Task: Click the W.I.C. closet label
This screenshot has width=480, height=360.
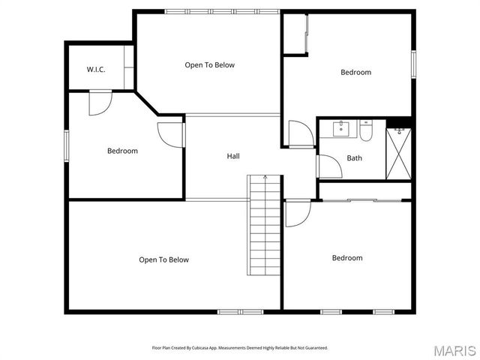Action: pyautogui.click(x=95, y=70)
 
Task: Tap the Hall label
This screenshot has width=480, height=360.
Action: pyautogui.click(x=233, y=156)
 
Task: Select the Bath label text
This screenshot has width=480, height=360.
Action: pyautogui.click(x=354, y=158)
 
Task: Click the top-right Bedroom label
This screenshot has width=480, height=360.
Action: pyautogui.click(x=355, y=73)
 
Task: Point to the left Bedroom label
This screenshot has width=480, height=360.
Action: pyautogui.click(x=122, y=151)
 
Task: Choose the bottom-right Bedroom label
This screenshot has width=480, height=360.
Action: pyautogui.click(x=347, y=258)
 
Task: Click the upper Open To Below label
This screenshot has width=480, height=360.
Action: pyautogui.click(x=210, y=65)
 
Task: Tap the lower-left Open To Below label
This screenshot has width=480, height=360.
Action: pyautogui.click(x=163, y=260)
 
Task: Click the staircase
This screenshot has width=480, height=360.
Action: pyautogui.click(x=265, y=225)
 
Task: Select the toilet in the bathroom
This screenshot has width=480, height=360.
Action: pyautogui.click(x=366, y=133)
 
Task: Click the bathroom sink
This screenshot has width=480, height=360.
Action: pyautogui.click(x=341, y=127)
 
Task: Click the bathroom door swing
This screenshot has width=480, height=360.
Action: pyautogui.click(x=328, y=166)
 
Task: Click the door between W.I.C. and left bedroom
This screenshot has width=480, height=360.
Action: pyautogui.click(x=100, y=103)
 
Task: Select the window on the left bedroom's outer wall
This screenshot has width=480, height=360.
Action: pyautogui.click(x=67, y=144)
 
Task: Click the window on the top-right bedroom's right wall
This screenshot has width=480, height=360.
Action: pyautogui.click(x=413, y=63)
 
